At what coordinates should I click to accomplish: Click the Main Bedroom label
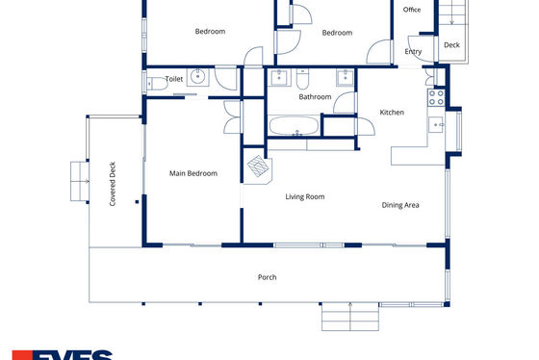193,173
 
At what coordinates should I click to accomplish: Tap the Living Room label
305,196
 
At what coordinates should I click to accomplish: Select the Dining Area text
400,205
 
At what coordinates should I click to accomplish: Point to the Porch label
268,277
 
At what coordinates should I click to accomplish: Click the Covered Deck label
113,184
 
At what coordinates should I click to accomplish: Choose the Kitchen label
392,113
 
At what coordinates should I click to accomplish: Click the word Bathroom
315,97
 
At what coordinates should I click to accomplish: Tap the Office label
412,10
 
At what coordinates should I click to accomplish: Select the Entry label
413,52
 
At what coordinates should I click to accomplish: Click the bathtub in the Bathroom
294,126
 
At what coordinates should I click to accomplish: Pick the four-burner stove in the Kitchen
436,97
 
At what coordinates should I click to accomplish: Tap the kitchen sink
436,124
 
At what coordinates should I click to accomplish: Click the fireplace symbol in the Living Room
258,167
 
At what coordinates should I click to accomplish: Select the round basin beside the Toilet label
197,77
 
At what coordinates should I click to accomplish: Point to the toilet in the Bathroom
302,79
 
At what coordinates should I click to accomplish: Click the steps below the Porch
350,317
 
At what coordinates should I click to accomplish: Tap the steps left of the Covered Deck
80,181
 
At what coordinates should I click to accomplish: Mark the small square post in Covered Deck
137,202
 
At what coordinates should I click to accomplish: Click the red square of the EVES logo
22,355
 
